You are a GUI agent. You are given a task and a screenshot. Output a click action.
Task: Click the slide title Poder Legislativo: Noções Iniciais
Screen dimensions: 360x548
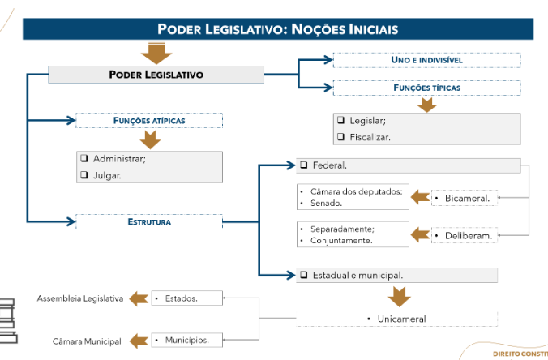pos(278,29)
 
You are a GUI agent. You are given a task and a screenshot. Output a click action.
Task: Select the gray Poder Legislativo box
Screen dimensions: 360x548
pos(156,75)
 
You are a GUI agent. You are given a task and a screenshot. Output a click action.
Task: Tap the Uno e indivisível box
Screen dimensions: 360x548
pos(426,60)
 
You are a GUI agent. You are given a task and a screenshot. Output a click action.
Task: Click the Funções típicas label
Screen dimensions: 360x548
pos(426,87)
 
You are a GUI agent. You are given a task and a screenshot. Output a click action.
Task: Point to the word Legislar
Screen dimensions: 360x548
pos(367,121)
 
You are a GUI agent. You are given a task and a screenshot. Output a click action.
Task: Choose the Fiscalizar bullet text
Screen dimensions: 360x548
pos(370,137)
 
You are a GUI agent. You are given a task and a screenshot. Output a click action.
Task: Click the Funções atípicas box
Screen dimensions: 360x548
pos(149,120)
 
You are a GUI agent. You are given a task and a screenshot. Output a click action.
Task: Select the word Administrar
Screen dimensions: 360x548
pos(119,158)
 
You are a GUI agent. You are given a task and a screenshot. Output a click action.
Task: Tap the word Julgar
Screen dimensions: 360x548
pos(107,174)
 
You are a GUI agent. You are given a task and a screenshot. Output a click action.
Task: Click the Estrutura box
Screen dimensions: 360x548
pos(149,221)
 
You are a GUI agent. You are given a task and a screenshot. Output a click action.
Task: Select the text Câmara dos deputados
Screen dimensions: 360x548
pos(356,191)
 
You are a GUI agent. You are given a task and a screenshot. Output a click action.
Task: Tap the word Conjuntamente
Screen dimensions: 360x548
pos(341,240)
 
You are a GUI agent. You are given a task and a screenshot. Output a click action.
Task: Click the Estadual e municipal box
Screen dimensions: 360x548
pos(357,275)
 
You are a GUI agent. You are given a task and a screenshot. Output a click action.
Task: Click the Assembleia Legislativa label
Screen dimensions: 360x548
pos(80,298)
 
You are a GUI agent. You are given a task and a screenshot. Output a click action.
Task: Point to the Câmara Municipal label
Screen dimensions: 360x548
pos(87,341)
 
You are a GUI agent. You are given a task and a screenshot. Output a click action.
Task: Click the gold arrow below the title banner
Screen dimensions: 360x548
pos(156,54)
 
